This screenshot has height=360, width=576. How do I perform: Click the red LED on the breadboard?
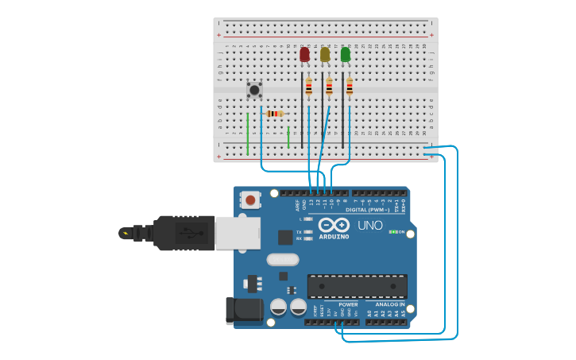304,54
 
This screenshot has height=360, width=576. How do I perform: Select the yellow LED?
325,54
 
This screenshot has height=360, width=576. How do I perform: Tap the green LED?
346,54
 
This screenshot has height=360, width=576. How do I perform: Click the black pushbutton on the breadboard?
254,90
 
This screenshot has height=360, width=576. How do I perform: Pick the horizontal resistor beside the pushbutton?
275,114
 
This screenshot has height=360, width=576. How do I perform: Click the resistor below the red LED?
308,87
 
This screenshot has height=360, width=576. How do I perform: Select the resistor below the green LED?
349,87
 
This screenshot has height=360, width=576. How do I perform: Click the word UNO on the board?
369,225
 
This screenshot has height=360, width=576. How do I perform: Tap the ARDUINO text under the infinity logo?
334,236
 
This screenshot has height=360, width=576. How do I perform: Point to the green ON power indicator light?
392,232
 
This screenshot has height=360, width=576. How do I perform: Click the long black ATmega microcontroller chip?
357,286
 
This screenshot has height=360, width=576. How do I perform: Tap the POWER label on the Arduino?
347,304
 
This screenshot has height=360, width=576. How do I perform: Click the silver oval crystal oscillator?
282,259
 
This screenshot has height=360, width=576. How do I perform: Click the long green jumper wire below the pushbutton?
248,133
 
